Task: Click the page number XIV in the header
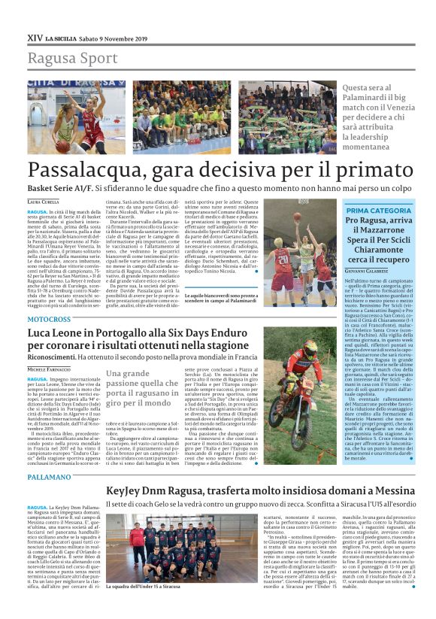point(34,37)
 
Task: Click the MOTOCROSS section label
point(50,319)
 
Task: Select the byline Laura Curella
point(43,202)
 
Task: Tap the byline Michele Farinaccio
point(53,370)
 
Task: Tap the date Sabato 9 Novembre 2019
point(114,37)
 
